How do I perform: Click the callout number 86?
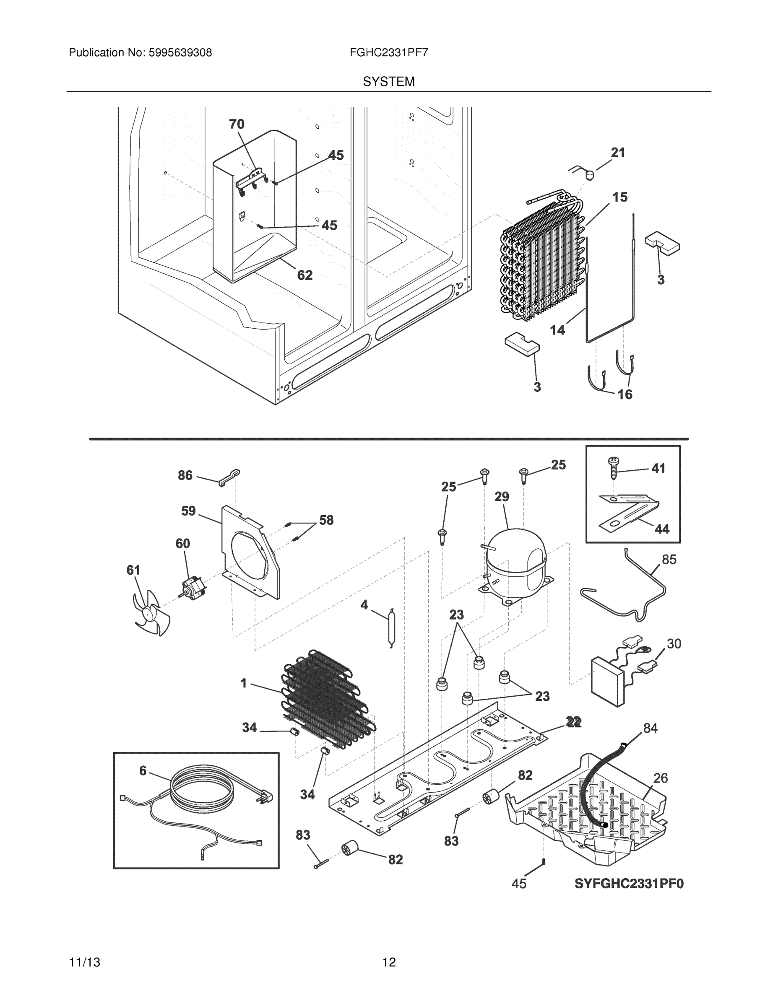pos(185,475)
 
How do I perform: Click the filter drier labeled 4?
pos(392,627)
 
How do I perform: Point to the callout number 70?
pos(237,124)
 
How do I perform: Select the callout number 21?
pos(618,153)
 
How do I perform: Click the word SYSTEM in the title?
pos(388,82)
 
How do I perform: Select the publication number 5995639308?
pos(180,53)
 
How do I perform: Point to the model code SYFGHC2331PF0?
pos(629,884)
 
